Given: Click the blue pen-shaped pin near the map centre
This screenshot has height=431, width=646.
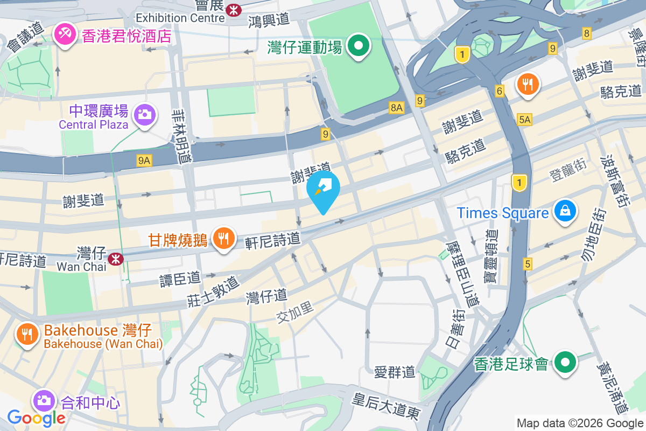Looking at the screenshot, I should click(x=323, y=190).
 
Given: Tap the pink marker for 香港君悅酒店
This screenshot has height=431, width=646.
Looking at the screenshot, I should click(x=65, y=35).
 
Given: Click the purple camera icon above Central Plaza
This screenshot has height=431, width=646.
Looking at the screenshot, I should click(x=144, y=114).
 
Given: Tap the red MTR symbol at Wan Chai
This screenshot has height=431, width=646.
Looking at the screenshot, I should click(x=115, y=259).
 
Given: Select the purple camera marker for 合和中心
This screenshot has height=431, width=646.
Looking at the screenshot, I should click(x=44, y=400).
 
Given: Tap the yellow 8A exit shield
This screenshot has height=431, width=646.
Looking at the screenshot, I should click(x=397, y=108).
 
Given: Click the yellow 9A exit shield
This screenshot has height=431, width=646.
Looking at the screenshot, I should click(x=144, y=159).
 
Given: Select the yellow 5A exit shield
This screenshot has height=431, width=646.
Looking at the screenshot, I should click(x=525, y=120).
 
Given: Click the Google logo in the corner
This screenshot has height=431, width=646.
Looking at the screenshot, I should click(x=36, y=418).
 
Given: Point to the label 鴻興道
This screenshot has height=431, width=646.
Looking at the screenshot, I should click(x=269, y=20).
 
